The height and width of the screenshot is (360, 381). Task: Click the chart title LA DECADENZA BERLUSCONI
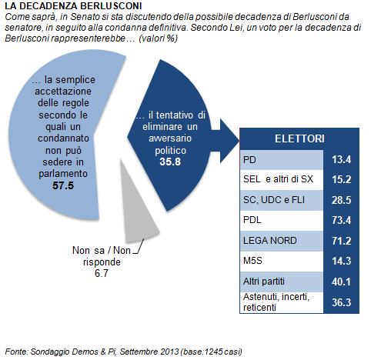point(73,6)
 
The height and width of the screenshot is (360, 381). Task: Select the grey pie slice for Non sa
point(137,210)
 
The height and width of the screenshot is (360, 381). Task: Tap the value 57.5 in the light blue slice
point(63,185)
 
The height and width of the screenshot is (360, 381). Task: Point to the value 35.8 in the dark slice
point(170,162)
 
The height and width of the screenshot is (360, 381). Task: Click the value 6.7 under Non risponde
point(102,273)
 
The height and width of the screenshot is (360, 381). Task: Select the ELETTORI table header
point(299,138)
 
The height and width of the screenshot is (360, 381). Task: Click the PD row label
point(249,160)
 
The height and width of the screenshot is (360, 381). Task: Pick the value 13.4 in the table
point(341,160)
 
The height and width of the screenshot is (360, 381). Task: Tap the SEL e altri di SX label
point(278,179)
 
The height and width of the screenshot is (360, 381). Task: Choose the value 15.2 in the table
point(341,179)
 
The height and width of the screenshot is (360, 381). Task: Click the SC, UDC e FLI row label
point(274,200)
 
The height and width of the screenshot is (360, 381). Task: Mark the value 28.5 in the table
point(341,200)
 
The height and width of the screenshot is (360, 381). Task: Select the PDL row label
point(252,220)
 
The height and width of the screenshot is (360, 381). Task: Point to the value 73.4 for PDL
point(341,220)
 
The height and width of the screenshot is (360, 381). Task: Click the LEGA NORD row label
point(269,241)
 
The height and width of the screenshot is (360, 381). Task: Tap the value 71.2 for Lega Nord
point(341,241)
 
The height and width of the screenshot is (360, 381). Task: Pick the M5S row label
point(252,261)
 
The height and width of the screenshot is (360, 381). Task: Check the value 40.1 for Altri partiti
point(341,282)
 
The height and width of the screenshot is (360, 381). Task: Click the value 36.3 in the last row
point(341,302)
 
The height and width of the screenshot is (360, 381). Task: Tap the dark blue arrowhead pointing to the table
point(229,141)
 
